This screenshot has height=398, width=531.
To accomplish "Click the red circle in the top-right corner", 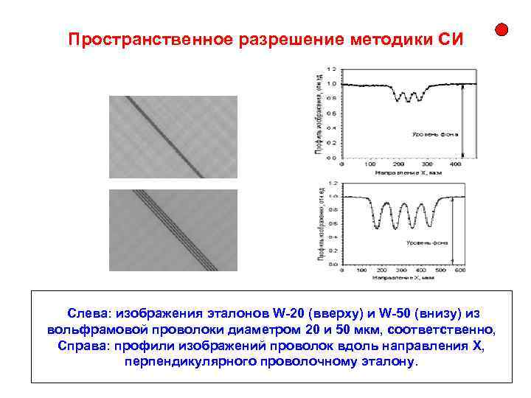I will (501, 30).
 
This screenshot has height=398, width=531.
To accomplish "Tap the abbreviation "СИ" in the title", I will (449, 39).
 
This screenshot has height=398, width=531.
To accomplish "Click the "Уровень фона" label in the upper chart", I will (430, 134).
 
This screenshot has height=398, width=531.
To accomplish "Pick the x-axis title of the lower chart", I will (403, 277).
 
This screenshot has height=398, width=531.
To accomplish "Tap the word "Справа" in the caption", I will (82, 346).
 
